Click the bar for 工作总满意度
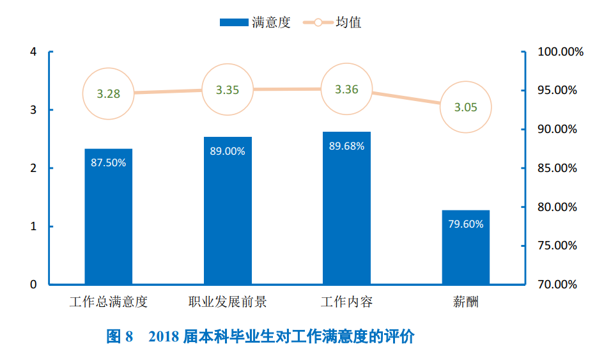point(108,217)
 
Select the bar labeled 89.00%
point(228,211)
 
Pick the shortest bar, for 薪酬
point(465,247)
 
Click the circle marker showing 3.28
point(108,93)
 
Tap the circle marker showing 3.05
point(465,107)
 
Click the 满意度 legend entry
point(255,22)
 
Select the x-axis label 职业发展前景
point(228,302)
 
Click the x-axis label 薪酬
point(465,302)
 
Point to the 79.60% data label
point(465,224)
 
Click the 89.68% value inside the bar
point(346,146)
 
